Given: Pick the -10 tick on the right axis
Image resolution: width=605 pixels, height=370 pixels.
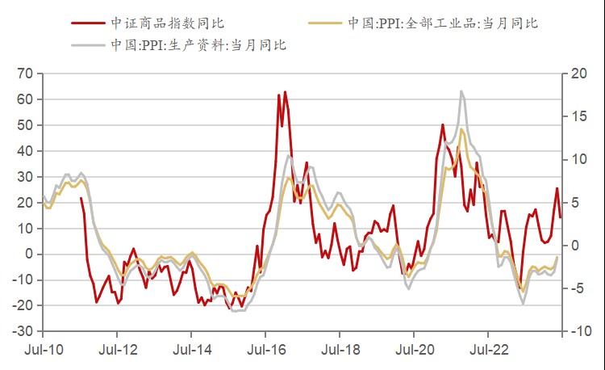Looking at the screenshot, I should tap(577, 331).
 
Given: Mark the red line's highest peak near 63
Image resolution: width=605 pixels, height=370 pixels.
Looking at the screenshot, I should tap(285, 92).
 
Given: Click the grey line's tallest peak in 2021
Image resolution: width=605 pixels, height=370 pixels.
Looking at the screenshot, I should tap(461, 91).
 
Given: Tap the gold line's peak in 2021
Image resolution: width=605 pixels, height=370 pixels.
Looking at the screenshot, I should tap(462, 129).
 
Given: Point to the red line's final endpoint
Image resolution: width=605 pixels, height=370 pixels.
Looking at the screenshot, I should tap(561, 217).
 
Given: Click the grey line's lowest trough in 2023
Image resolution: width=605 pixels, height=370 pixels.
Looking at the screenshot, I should tap(523, 303).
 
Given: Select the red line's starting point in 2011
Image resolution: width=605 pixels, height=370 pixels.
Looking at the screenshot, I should tap(81, 198).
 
